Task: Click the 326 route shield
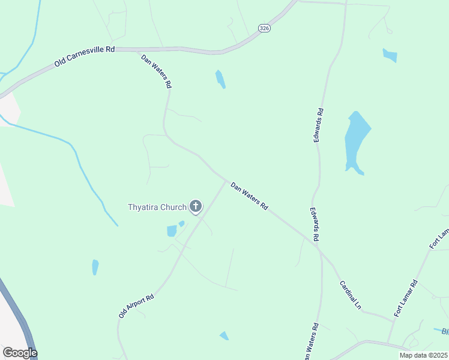pyautogui.click(x=264, y=28)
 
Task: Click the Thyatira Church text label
pyautogui.click(x=157, y=208)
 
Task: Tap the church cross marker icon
pyautogui.click(x=195, y=207)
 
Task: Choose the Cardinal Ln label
pyautogui.click(x=350, y=295)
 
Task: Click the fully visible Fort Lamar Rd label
pyautogui.click(x=406, y=299)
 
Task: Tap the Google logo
pyautogui.click(x=20, y=352)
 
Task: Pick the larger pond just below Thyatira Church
pyautogui.click(x=172, y=231)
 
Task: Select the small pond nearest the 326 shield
pyautogui.click(x=220, y=79)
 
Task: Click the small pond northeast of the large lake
pyautogui.click(x=390, y=56)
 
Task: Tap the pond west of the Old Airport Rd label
pyautogui.click(x=95, y=267)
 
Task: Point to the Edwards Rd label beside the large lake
pyautogui.click(x=318, y=125)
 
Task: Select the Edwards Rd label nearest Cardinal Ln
pyautogui.click(x=314, y=225)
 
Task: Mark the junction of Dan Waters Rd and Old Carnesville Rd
pyautogui.click(x=139, y=50)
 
